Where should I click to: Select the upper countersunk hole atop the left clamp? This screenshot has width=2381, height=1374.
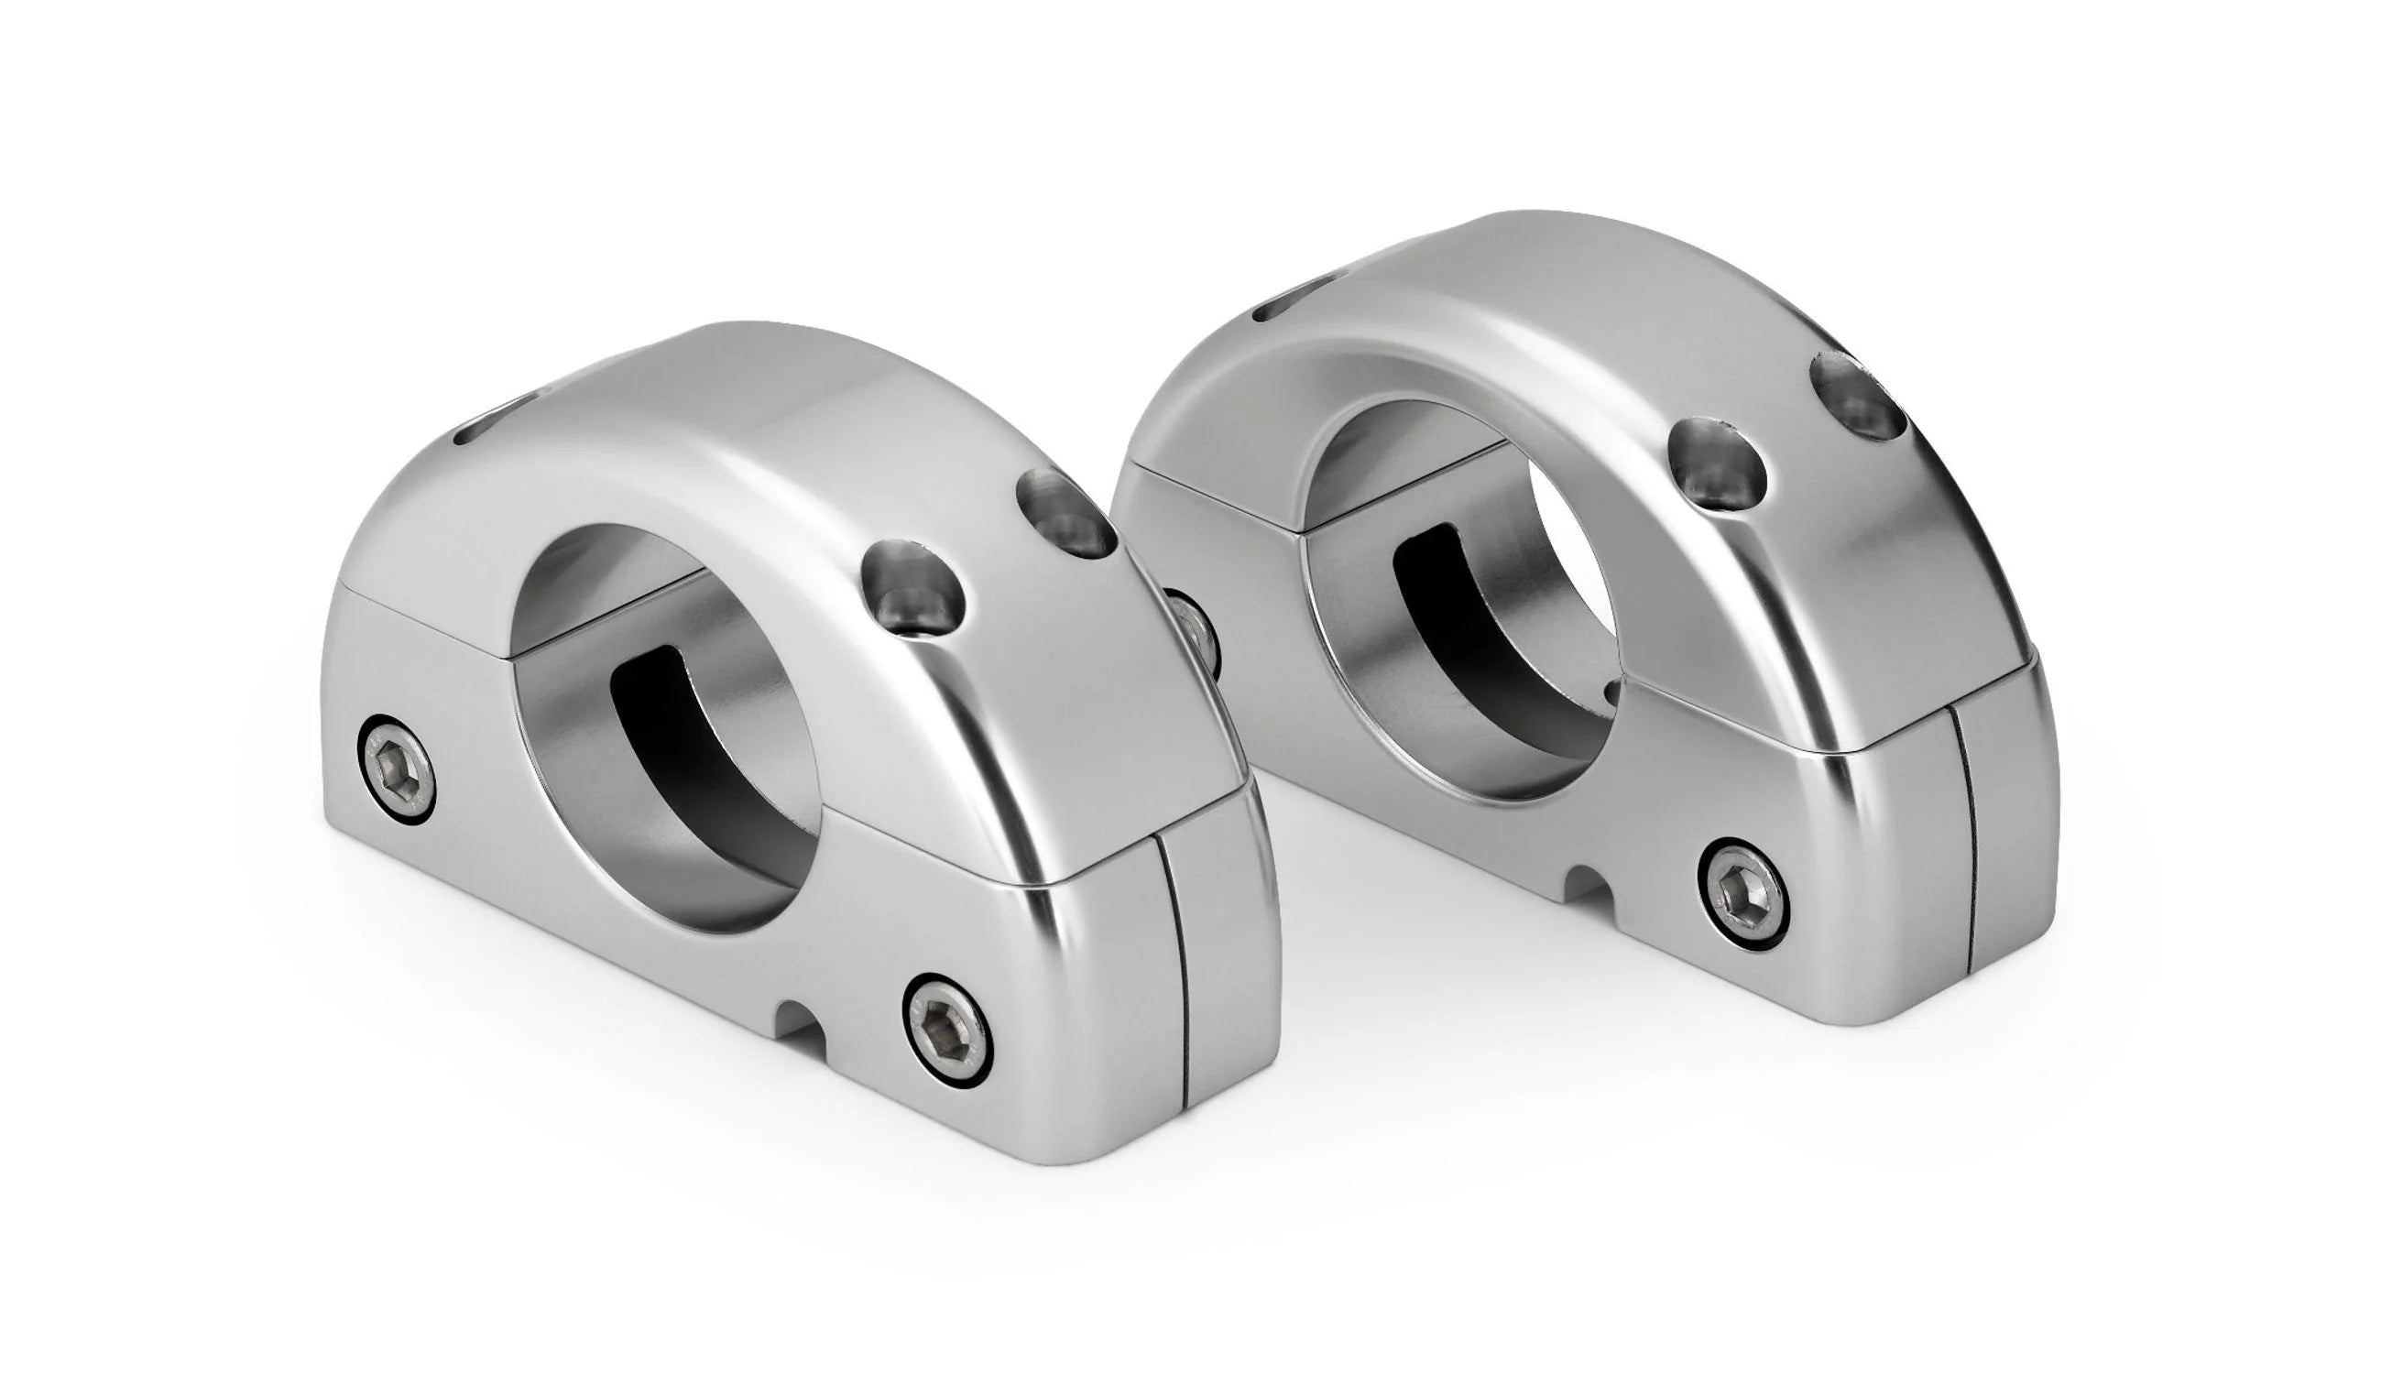coord(1065,511)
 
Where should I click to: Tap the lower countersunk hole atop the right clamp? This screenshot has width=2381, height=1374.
coord(1717,468)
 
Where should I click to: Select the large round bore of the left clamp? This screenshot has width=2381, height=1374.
coord(665,726)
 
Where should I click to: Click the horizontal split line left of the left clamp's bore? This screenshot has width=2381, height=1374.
coord(425,619)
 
